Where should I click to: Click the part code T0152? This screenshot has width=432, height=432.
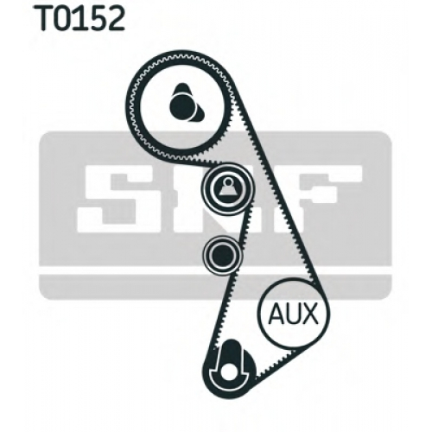81,18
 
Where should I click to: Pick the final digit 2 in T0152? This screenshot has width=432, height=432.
117,18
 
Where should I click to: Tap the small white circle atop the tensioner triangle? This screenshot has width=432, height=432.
228,182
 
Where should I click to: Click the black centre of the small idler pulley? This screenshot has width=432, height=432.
222,255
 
